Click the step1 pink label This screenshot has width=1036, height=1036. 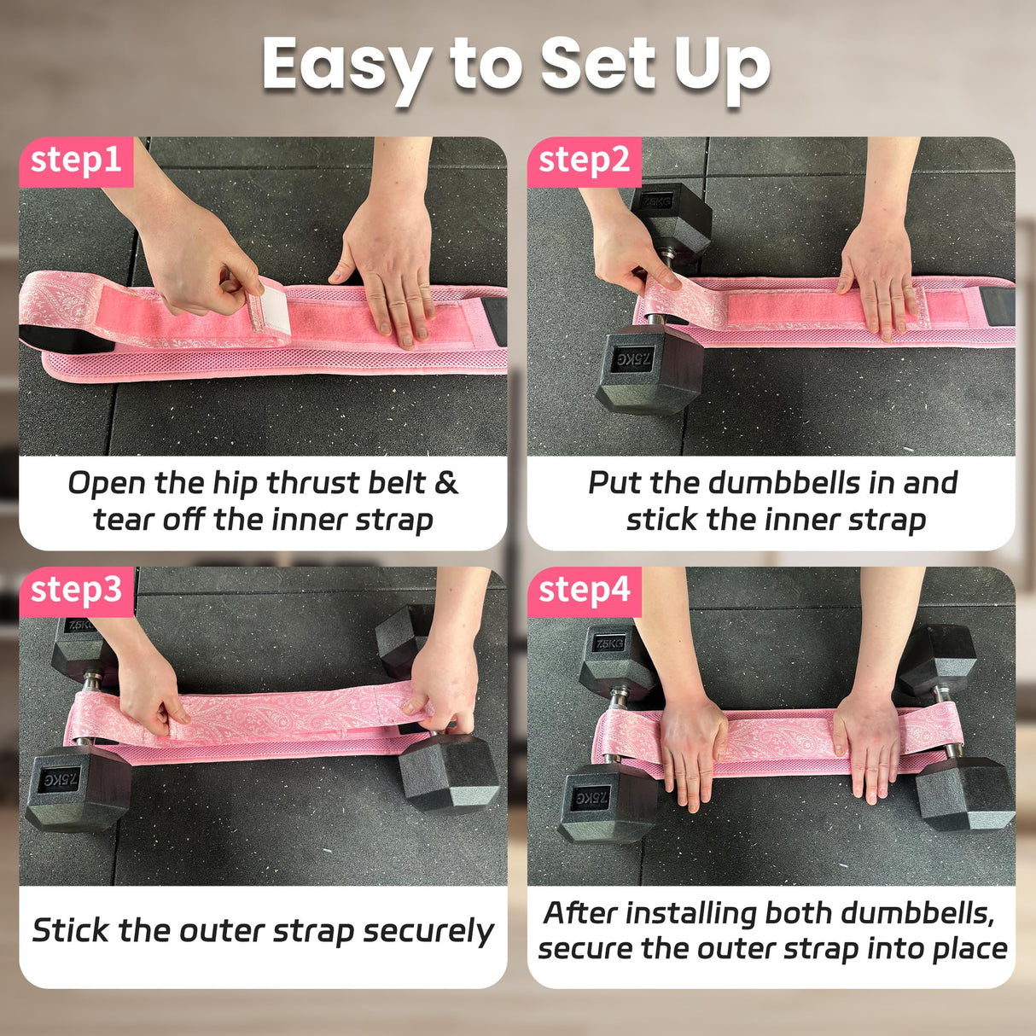pos(76,161)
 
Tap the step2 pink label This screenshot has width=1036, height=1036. pos(584,161)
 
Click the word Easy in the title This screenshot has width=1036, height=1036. pos(346,67)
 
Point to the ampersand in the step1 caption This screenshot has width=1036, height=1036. pos(446,483)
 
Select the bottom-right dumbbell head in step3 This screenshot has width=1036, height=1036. pos(450,773)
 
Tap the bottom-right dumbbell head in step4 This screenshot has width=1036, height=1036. pos(964,794)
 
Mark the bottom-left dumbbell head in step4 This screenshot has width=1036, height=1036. pos(607,802)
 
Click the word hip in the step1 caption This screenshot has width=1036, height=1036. pos(235,483)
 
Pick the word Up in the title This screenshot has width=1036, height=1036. pos(722,67)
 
